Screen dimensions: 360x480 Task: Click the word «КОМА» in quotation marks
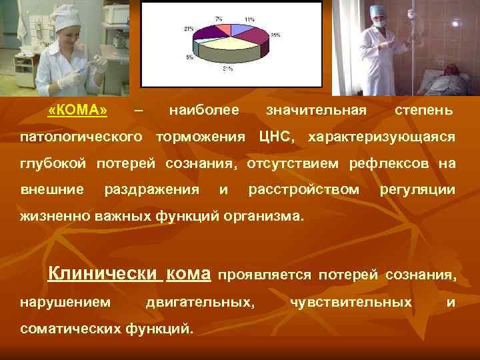(78, 109)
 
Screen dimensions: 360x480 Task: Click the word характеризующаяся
(381, 137)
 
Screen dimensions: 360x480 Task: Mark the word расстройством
(303, 190)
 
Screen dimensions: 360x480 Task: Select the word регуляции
(417, 190)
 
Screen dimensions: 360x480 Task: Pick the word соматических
(71, 328)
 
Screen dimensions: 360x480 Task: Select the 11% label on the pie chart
(249, 20)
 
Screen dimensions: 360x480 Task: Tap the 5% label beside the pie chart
(190, 57)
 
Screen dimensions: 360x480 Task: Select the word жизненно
(49, 217)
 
